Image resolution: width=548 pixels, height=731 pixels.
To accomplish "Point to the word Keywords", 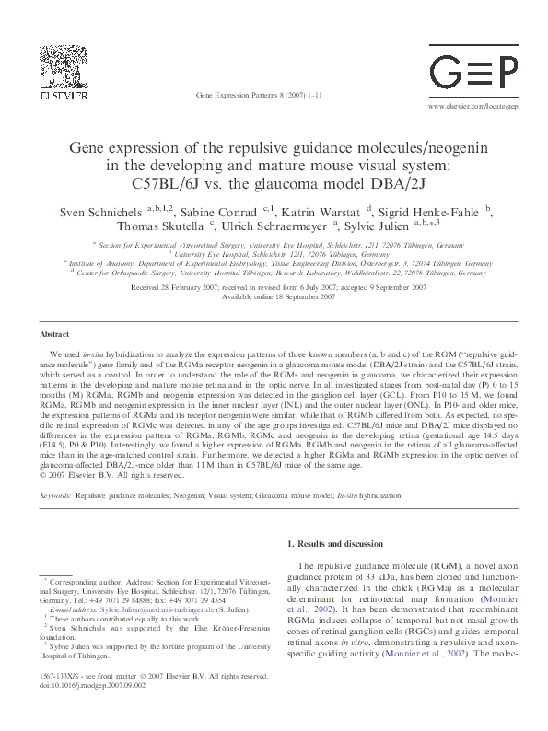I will [56, 494].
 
